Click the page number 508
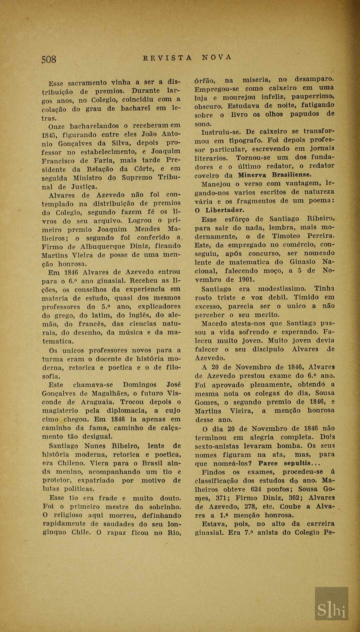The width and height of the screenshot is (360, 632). pyautogui.click(x=49, y=59)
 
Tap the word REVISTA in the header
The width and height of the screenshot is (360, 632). pyautogui.click(x=167, y=58)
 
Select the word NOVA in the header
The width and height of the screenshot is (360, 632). pyautogui.click(x=217, y=57)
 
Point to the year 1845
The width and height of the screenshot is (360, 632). pyautogui.click(x=50, y=135)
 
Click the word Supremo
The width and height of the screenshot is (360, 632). pyautogui.click(x=137, y=178)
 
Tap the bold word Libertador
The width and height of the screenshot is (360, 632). pyautogui.click(x=225, y=210)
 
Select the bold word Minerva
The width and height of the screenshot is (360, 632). pyautogui.click(x=252, y=175)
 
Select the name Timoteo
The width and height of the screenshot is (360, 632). pyautogui.click(x=286, y=236)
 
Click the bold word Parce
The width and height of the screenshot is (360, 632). pyautogui.click(x=268, y=463)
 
